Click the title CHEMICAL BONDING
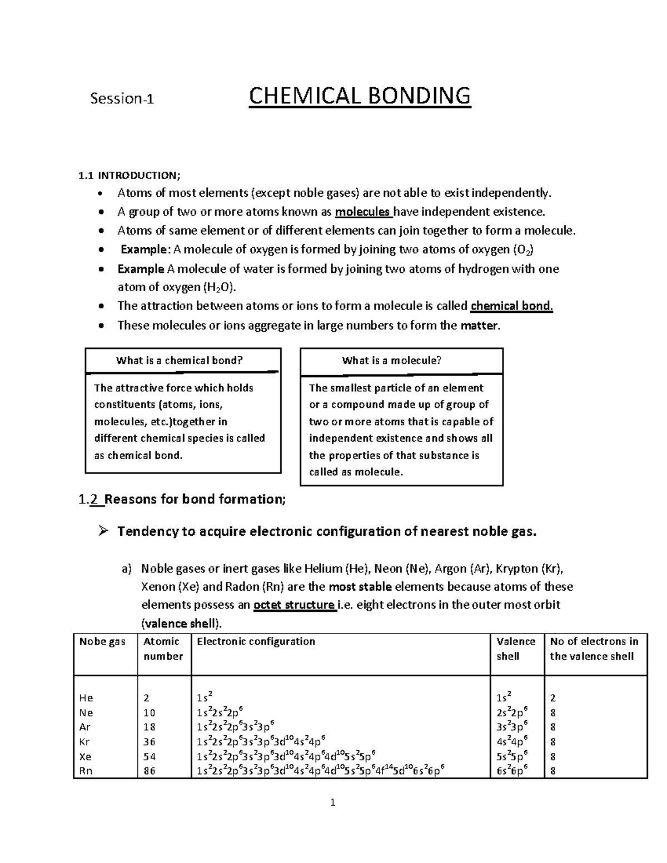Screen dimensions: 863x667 coord(360,96)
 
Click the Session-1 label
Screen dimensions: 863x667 coord(122,99)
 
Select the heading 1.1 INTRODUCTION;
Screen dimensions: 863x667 coord(129,176)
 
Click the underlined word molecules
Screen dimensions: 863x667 coord(363,212)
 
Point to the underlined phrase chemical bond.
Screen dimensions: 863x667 coord(511,306)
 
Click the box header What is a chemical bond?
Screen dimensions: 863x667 coord(180,360)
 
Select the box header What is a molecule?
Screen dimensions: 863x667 coord(392,360)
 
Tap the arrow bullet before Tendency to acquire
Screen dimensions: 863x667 coord(102,532)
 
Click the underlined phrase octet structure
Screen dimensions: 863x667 coord(294,605)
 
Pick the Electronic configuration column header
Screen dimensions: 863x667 coord(256,641)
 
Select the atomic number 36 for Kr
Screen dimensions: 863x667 coord(149,742)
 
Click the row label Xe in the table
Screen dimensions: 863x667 coord(86,756)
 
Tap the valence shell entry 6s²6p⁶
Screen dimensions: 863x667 coord(512,770)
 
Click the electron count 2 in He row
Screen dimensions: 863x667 coord(552,698)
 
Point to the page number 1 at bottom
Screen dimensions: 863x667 coord(332,802)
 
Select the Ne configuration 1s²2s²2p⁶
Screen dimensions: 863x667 coord(220,712)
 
